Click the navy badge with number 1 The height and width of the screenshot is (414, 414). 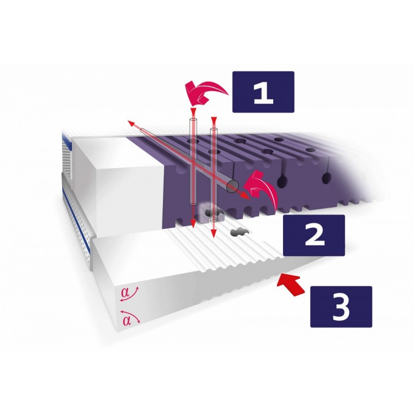tap(263, 92)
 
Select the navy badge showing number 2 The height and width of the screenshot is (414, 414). tap(314, 235)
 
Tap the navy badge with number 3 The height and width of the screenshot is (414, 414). tap(341, 307)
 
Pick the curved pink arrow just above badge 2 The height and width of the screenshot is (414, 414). tap(260, 187)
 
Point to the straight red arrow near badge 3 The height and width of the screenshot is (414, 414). tap(292, 285)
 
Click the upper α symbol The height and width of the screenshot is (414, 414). tap(126, 293)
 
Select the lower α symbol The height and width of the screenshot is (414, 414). tap(127, 320)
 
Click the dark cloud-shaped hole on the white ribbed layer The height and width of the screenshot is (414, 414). tap(240, 232)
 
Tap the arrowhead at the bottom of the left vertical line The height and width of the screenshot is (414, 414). tap(193, 224)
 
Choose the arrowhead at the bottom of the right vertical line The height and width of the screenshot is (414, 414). tap(213, 233)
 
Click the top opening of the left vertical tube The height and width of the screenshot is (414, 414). tap(193, 120)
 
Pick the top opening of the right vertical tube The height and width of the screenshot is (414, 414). tap(213, 130)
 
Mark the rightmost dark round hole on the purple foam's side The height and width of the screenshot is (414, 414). tap(327, 178)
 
